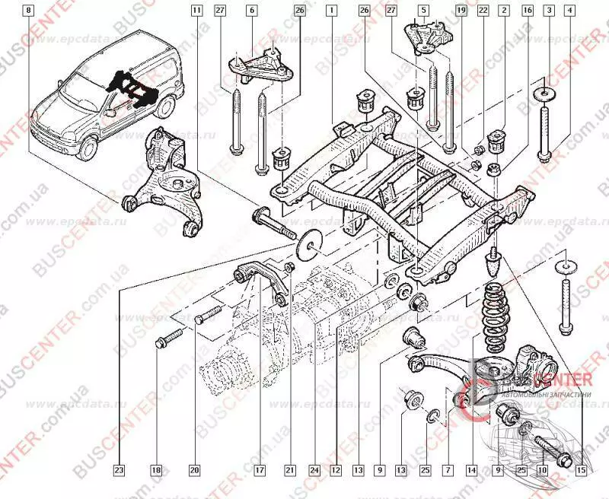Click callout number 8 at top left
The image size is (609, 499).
pyautogui.click(x=29, y=11)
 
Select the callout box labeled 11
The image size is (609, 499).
pyautogui.click(x=197, y=11)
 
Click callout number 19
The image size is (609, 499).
pyautogui.click(x=461, y=11)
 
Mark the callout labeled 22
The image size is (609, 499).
pyautogui.click(x=483, y=11)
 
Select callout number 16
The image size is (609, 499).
pyautogui.click(x=527, y=11)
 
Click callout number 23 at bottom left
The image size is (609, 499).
pyautogui.click(x=119, y=470)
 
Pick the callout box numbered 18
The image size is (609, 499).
pyautogui.click(x=156, y=470)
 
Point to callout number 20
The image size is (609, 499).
pyautogui.click(x=194, y=470)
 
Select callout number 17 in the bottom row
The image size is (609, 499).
pyautogui.click(x=259, y=470)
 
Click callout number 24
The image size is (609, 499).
pyautogui.click(x=314, y=470)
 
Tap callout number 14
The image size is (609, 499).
pyautogui.click(x=472, y=470)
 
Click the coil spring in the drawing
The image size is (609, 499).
pyautogui.click(x=495, y=308)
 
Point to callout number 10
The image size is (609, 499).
pyautogui.click(x=542, y=470)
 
